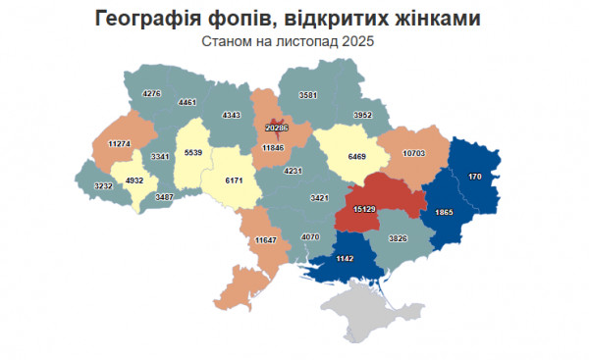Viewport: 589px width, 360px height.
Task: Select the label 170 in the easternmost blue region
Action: tap(474, 177)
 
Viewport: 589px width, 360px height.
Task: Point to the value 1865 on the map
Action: tap(445, 212)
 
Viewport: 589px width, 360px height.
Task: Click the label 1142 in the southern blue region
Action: tap(344, 258)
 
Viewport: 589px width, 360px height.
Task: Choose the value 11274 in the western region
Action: tap(120, 144)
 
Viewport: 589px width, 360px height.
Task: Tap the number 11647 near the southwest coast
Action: tap(266, 240)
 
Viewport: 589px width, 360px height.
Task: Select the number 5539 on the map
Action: tap(191, 153)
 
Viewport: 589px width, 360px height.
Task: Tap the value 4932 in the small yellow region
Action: tap(131, 180)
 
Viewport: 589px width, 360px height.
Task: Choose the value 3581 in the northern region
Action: tap(311, 95)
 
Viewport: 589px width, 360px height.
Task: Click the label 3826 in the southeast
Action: tap(398, 239)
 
